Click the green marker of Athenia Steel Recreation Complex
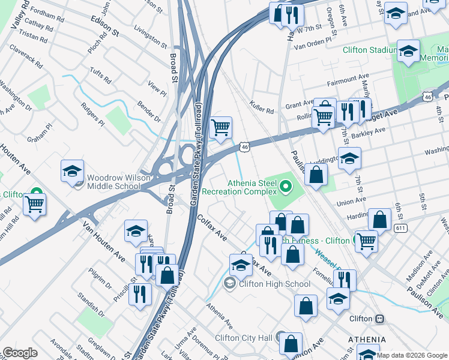click(x=286, y=190)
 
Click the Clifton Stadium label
click(x=370, y=50)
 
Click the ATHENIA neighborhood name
click(x=367, y=340)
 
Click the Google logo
click(x=19, y=353)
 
